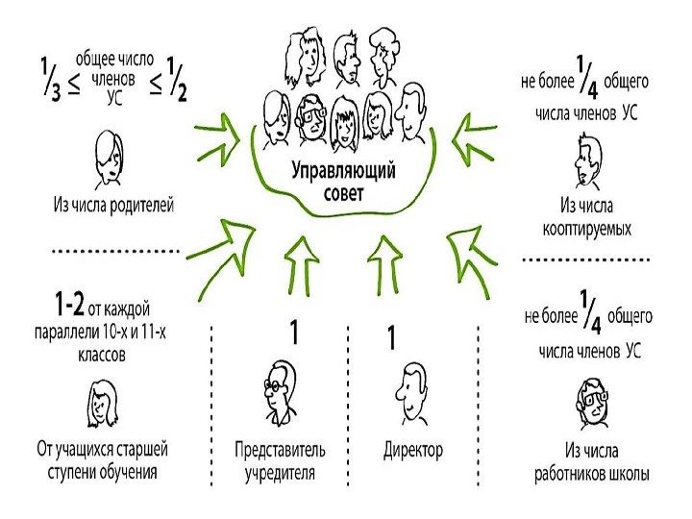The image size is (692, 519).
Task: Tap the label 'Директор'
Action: (413, 449)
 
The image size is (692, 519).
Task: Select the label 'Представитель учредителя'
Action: (281, 460)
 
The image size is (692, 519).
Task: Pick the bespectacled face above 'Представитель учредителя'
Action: (280, 391)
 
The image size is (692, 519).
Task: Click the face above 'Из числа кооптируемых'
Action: (587, 158)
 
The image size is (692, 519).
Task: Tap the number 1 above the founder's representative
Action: (296, 334)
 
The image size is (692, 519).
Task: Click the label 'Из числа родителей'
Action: (113, 205)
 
